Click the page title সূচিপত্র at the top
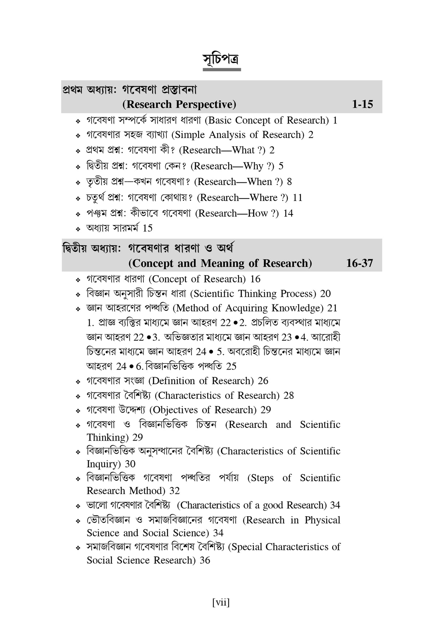[x=221, y=59]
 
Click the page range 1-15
[x=362, y=104]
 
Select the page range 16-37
[x=359, y=263]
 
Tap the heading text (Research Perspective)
[x=179, y=104]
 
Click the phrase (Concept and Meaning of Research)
[x=220, y=263]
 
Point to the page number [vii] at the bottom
[x=221, y=603]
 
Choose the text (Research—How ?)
[x=237, y=213]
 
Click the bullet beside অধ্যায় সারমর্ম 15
[x=78, y=229]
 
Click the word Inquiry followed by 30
[x=103, y=464]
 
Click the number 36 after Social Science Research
[x=205, y=560]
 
